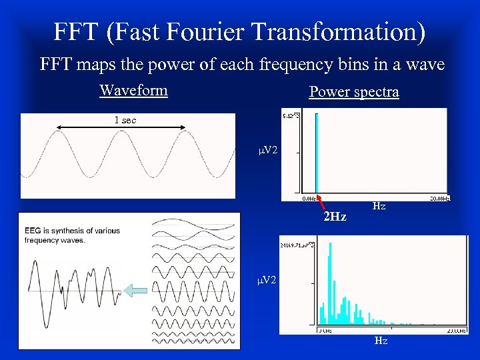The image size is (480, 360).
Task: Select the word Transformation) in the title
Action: pos(345,32)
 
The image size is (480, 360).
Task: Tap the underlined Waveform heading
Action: pos(133,90)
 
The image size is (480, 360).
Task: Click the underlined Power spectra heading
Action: pos(354,92)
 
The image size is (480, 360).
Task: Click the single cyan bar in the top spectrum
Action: pos(317,153)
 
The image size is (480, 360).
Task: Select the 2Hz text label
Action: pos(334,217)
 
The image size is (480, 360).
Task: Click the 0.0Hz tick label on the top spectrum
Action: pos(310,198)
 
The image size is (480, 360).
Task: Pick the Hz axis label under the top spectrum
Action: pos(379,207)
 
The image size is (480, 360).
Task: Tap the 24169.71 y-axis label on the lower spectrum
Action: pos(298,245)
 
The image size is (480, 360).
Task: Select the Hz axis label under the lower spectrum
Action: pos(381,341)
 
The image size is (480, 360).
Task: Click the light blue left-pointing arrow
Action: pos(137,290)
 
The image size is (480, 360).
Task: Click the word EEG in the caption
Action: pos(33,231)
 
